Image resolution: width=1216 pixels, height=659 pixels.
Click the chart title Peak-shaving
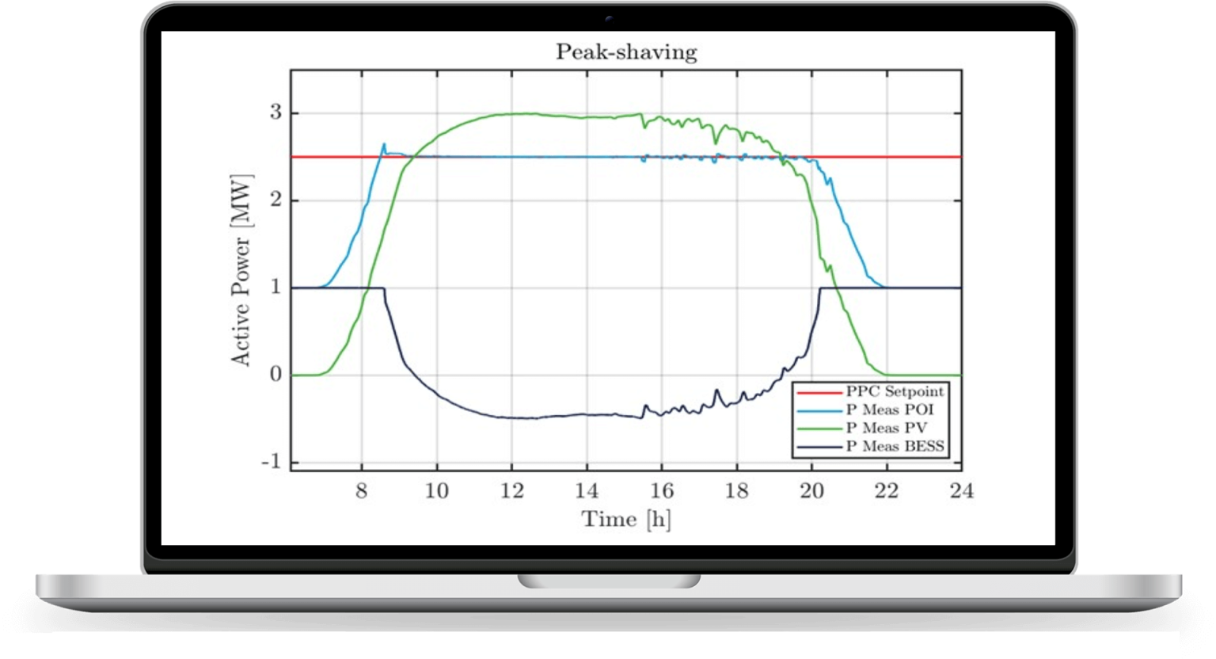[625, 52]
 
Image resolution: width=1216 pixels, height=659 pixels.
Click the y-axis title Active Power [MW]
[241, 270]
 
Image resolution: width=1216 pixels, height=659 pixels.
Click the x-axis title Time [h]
[625, 520]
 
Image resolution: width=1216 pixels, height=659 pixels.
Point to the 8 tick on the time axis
[362, 491]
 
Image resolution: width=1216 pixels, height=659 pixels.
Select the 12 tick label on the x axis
[511, 491]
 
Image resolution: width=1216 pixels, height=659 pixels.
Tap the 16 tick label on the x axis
[662, 491]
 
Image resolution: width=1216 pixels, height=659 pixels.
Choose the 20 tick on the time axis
[811, 491]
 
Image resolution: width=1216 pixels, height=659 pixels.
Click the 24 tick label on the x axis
[961, 491]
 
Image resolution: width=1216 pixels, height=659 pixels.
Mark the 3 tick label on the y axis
[275, 113]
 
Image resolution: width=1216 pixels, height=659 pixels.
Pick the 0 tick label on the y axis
[275, 375]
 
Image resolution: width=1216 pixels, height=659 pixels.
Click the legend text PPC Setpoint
[895, 392]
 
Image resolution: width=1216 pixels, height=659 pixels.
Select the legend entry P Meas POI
[889, 410]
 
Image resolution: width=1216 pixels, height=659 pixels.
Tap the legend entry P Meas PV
[885, 429]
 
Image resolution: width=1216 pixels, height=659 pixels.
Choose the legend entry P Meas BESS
[895, 447]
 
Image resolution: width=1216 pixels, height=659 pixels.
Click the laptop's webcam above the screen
[609, 17]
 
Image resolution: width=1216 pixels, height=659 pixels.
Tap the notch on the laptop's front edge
[609, 581]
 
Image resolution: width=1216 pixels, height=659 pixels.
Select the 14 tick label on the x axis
[587, 491]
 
